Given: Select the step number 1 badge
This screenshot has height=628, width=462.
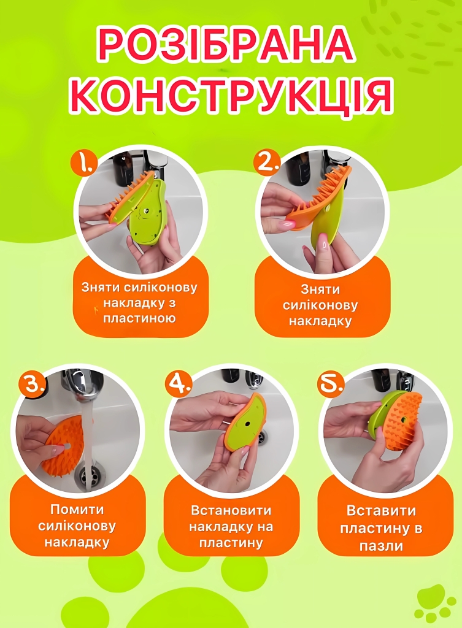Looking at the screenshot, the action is click(83, 162).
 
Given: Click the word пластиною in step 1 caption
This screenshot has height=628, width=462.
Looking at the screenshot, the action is click(139, 318).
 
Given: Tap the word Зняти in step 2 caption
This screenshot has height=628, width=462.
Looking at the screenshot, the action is click(320, 289).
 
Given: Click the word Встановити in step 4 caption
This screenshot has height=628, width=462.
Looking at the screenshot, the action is click(231, 511).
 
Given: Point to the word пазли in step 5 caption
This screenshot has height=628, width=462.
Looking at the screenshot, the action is click(380, 545).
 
